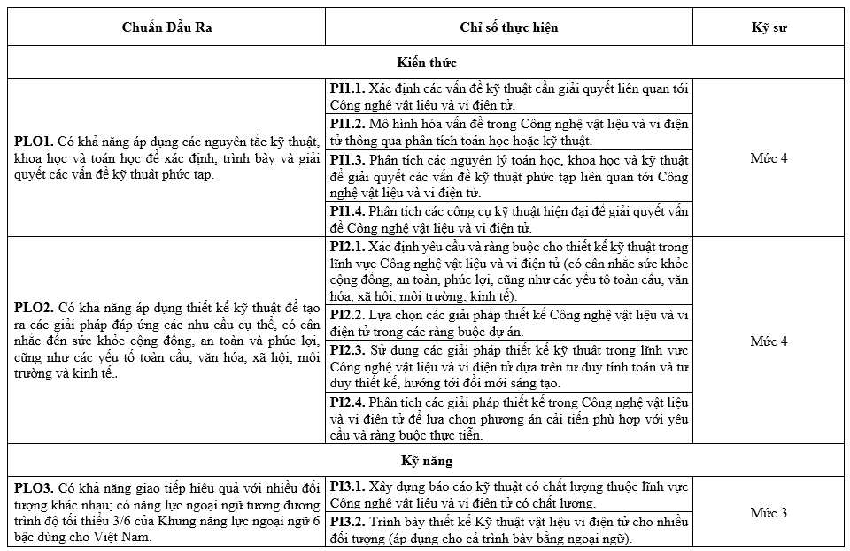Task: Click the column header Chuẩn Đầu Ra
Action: coord(166,27)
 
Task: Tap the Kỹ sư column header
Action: coord(768,27)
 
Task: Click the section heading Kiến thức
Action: coord(426,63)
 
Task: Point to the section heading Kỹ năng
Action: coord(426,461)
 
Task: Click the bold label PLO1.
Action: coord(34,141)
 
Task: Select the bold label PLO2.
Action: coord(34,308)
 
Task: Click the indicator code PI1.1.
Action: coord(347,89)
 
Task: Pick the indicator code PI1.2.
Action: coord(347,124)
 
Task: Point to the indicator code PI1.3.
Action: coord(347,160)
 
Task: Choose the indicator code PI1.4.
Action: coord(347,210)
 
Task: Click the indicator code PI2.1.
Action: coord(347,246)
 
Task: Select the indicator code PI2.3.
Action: coord(347,350)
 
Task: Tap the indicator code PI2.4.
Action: coord(347,402)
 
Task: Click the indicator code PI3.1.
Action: coord(347,486)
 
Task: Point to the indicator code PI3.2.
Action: coord(347,522)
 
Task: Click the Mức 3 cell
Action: coord(768,513)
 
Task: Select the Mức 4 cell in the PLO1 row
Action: coord(768,158)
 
